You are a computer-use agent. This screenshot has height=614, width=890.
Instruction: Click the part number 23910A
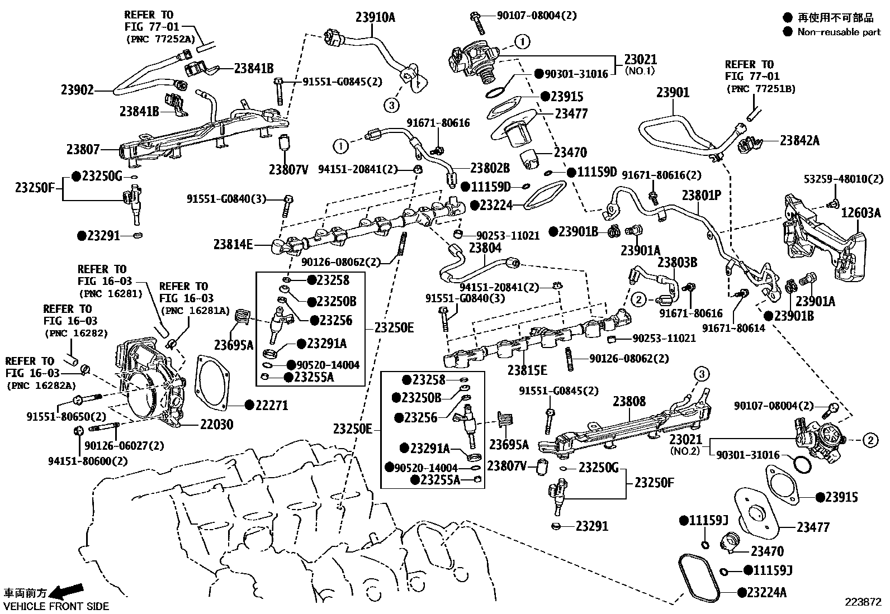375,17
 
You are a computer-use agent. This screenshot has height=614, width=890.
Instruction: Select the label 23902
77,89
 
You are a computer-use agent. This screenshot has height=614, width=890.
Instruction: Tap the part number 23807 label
83,149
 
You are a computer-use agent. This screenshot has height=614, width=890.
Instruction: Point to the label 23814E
233,244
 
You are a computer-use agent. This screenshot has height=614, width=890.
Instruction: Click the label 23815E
527,370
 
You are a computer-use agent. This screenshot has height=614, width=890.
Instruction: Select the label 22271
272,405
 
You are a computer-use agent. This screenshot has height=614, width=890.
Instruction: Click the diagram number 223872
863,602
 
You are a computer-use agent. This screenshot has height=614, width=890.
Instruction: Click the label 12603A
861,212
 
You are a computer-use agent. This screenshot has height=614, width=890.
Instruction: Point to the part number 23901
673,93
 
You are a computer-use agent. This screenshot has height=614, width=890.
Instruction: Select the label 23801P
702,196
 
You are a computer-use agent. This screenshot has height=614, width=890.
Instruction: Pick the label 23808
629,401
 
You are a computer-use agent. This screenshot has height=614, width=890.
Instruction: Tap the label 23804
485,247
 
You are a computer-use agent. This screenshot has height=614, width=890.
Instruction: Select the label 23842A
799,140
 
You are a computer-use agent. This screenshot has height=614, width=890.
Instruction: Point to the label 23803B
677,262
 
